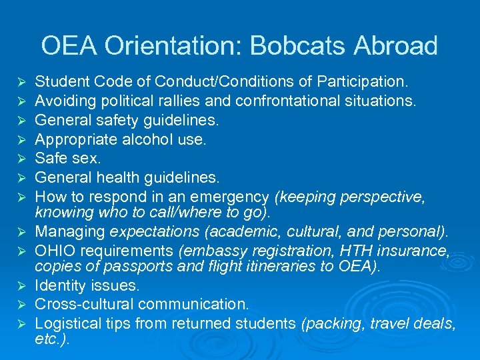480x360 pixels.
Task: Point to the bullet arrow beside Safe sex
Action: pos(21,159)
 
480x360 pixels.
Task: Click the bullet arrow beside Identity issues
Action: pos(21,286)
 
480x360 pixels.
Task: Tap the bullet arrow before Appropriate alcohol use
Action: pos(21,141)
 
